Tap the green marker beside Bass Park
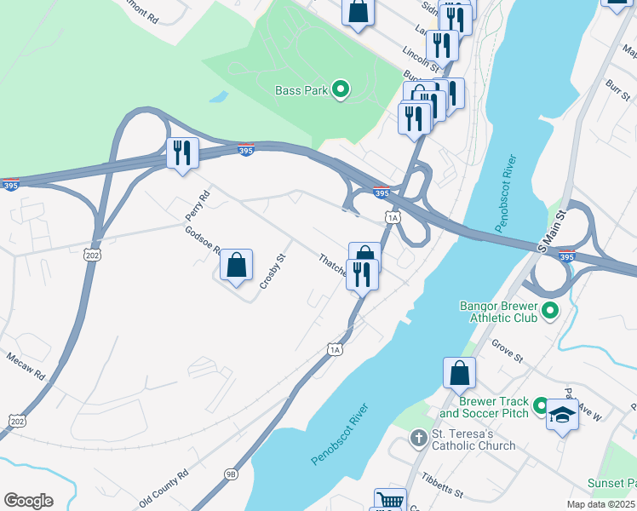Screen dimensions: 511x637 (x=340, y=89)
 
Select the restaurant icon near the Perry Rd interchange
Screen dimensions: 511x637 (x=182, y=153)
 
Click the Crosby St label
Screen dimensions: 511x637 (x=271, y=272)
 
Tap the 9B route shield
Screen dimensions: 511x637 (x=232, y=474)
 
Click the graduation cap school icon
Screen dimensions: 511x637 (x=561, y=416)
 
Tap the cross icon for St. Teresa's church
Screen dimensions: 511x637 (x=417, y=439)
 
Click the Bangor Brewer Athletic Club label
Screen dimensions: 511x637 (x=498, y=311)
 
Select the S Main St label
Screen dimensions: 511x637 (x=552, y=229)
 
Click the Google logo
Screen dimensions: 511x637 (x=28, y=501)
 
